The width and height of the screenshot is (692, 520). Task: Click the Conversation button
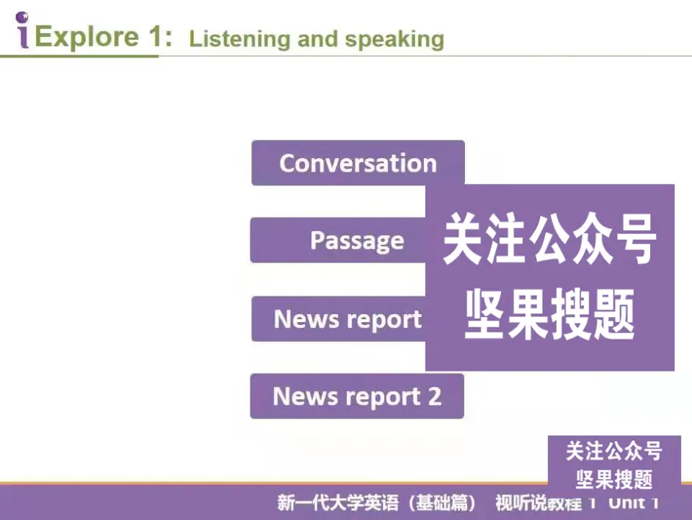(x=358, y=163)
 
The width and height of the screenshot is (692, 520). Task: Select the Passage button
(x=356, y=241)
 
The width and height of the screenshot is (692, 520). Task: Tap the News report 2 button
(x=357, y=396)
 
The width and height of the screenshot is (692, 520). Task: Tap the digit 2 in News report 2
(x=434, y=396)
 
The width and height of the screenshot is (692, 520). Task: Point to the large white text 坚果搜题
(x=549, y=317)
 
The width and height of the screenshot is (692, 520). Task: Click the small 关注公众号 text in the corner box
(x=614, y=450)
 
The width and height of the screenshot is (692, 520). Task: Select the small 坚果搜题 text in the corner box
(x=614, y=480)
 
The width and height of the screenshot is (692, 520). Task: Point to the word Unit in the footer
(x=627, y=503)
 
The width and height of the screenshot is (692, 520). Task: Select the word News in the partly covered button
(x=300, y=319)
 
